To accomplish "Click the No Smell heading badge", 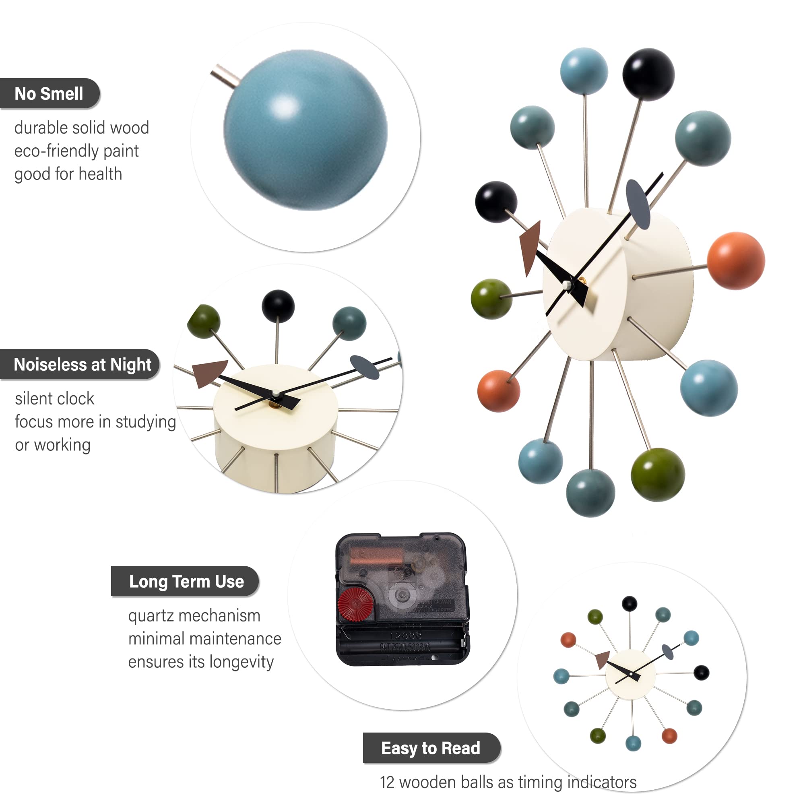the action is [x=49, y=94].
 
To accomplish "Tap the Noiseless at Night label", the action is [x=82, y=365].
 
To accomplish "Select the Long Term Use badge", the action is [x=186, y=581].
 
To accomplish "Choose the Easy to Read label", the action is [x=430, y=748].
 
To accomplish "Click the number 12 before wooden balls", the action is [x=387, y=782].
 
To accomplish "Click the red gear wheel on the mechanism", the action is [x=355, y=604].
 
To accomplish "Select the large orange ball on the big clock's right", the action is [x=736, y=261].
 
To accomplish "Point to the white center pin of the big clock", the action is [x=567, y=285].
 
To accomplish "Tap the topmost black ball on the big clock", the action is [x=648, y=74].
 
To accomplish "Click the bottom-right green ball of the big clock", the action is [x=658, y=475].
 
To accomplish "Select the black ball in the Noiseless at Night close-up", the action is [x=278, y=306].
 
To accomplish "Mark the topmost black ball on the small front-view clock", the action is [x=629, y=603].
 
